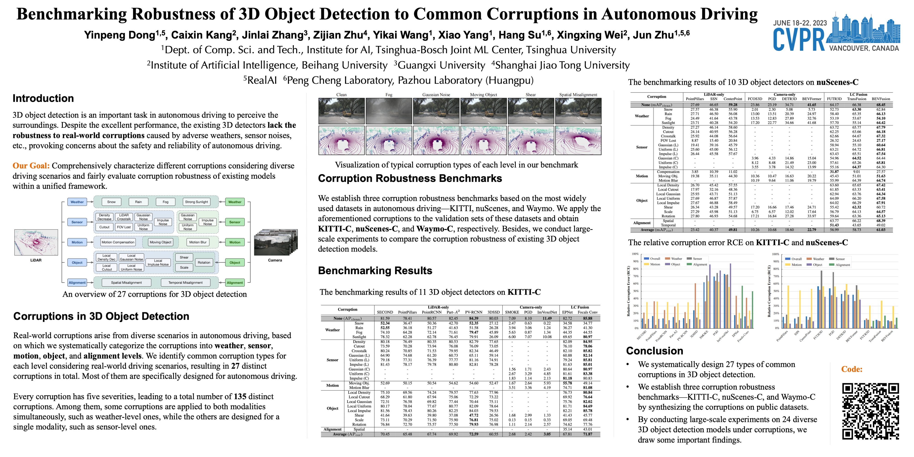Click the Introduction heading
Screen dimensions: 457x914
point(43,98)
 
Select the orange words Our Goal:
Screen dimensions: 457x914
point(31,166)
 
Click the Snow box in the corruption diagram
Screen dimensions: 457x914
point(112,202)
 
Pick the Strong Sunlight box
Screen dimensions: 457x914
point(196,202)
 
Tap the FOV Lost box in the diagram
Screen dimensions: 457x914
point(124,227)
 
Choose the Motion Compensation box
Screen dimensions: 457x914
point(118,242)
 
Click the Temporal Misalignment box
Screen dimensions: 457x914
point(185,283)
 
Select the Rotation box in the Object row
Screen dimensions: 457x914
point(204,263)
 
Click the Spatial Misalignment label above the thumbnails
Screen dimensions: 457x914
point(578,95)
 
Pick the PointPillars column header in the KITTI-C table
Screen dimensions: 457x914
point(407,312)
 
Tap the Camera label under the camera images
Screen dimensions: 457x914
point(275,260)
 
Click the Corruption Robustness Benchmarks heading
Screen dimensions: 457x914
point(410,178)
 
